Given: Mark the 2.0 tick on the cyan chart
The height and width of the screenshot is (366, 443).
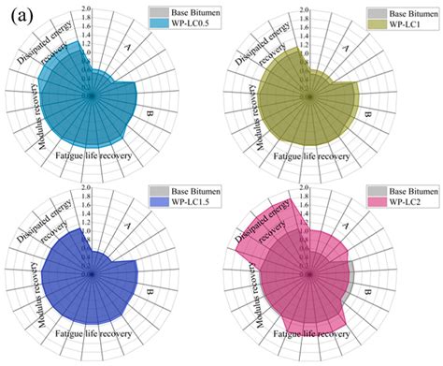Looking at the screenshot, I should point(85,8).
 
